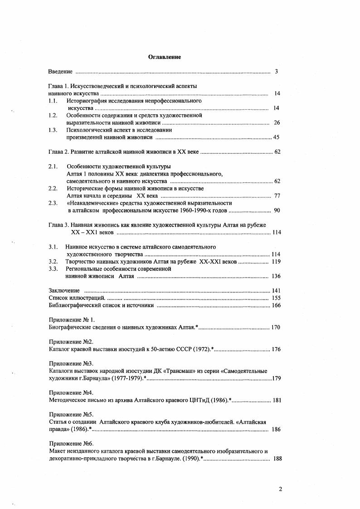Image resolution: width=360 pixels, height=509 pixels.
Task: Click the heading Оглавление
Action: [164, 57]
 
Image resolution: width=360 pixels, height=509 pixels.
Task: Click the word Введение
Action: [60, 72]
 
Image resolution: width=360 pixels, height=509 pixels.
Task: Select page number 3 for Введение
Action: [276, 72]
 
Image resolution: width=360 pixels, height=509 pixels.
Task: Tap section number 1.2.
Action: [53, 115]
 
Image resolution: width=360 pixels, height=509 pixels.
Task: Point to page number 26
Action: [277, 122]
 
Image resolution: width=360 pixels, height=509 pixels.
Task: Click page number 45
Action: [276, 137]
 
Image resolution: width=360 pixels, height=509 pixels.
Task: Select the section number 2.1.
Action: [53, 166]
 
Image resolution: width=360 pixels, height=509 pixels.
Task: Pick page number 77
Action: [277, 196]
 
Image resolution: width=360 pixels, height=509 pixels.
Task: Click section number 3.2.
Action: [53, 261]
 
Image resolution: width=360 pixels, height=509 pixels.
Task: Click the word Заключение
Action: [64, 290]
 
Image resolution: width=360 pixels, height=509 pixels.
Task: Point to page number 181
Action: [276, 400]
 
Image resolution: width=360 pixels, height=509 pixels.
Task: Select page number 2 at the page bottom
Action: [280, 489]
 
